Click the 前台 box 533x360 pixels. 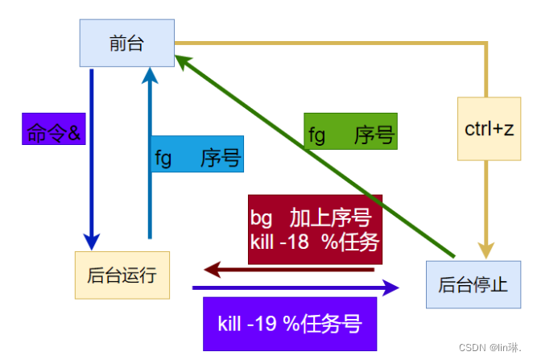[x=126, y=43]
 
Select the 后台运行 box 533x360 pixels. [x=122, y=275]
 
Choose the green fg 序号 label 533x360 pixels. [x=350, y=132]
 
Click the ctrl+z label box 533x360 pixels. [x=489, y=129]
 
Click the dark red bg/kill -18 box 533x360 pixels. [x=315, y=230]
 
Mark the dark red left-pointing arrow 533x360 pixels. [x=290, y=270]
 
